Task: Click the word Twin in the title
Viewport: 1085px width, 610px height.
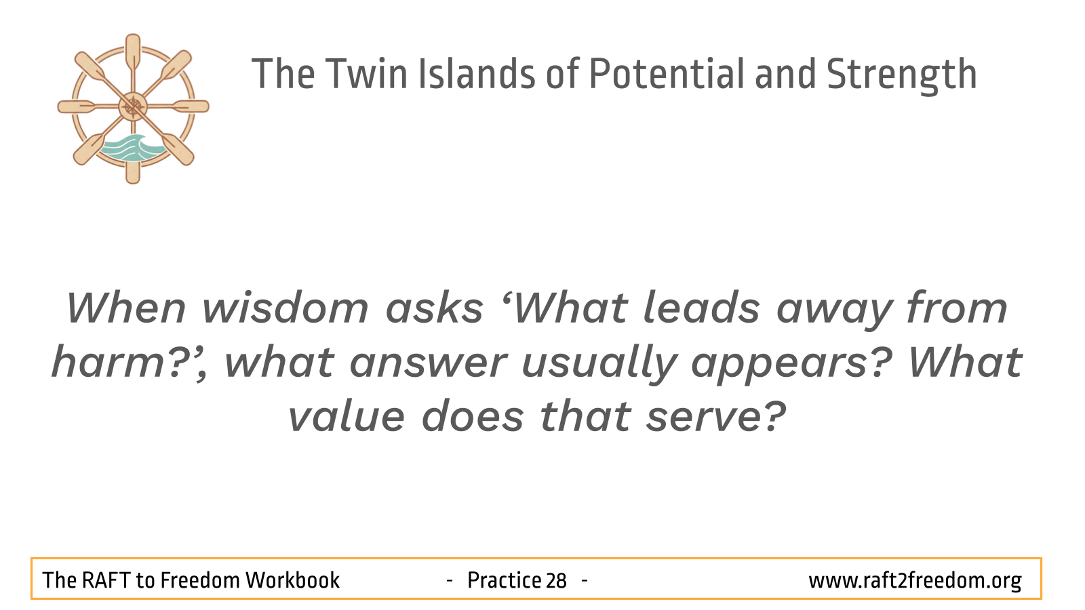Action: pyautogui.click(x=366, y=74)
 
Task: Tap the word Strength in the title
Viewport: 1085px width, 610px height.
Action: pyautogui.click(x=901, y=76)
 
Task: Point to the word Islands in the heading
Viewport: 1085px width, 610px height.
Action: pyautogui.click(x=476, y=74)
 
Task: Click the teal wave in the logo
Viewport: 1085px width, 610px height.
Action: pyautogui.click(x=132, y=148)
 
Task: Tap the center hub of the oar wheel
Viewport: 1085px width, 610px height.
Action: pyautogui.click(x=133, y=106)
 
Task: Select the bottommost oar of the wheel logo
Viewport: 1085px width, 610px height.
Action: pyautogui.click(x=133, y=170)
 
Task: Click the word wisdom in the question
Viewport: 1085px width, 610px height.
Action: pyautogui.click(x=285, y=308)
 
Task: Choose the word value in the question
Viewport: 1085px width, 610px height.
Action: pyautogui.click(x=346, y=416)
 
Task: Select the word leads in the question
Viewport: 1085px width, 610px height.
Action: pyautogui.click(x=701, y=308)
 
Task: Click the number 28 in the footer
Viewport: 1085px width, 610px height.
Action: pyautogui.click(x=556, y=580)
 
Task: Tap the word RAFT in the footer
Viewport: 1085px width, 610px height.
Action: pyautogui.click(x=105, y=580)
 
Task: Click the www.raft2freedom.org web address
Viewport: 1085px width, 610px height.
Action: pyautogui.click(x=915, y=581)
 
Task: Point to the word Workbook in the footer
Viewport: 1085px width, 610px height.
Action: pyautogui.click(x=292, y=580)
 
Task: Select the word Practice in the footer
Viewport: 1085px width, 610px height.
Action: pyautogui.click(x=505, y=580)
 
